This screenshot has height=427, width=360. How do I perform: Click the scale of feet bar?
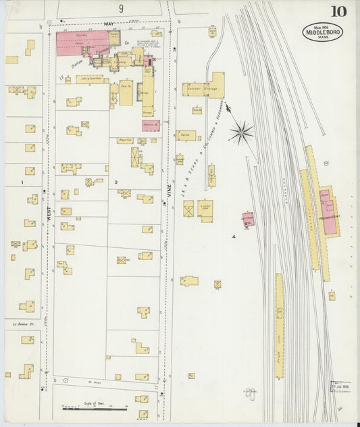point(95,408)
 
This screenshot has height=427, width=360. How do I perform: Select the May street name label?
point(109,24)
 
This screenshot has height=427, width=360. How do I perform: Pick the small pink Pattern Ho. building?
point(151,125)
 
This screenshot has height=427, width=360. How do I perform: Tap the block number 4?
point(234,237)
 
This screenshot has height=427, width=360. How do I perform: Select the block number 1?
point(22,182)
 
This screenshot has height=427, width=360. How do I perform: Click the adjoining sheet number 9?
point(121,8)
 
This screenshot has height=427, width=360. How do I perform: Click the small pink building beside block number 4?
point(248,219)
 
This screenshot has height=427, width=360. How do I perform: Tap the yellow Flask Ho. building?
point(126,93)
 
